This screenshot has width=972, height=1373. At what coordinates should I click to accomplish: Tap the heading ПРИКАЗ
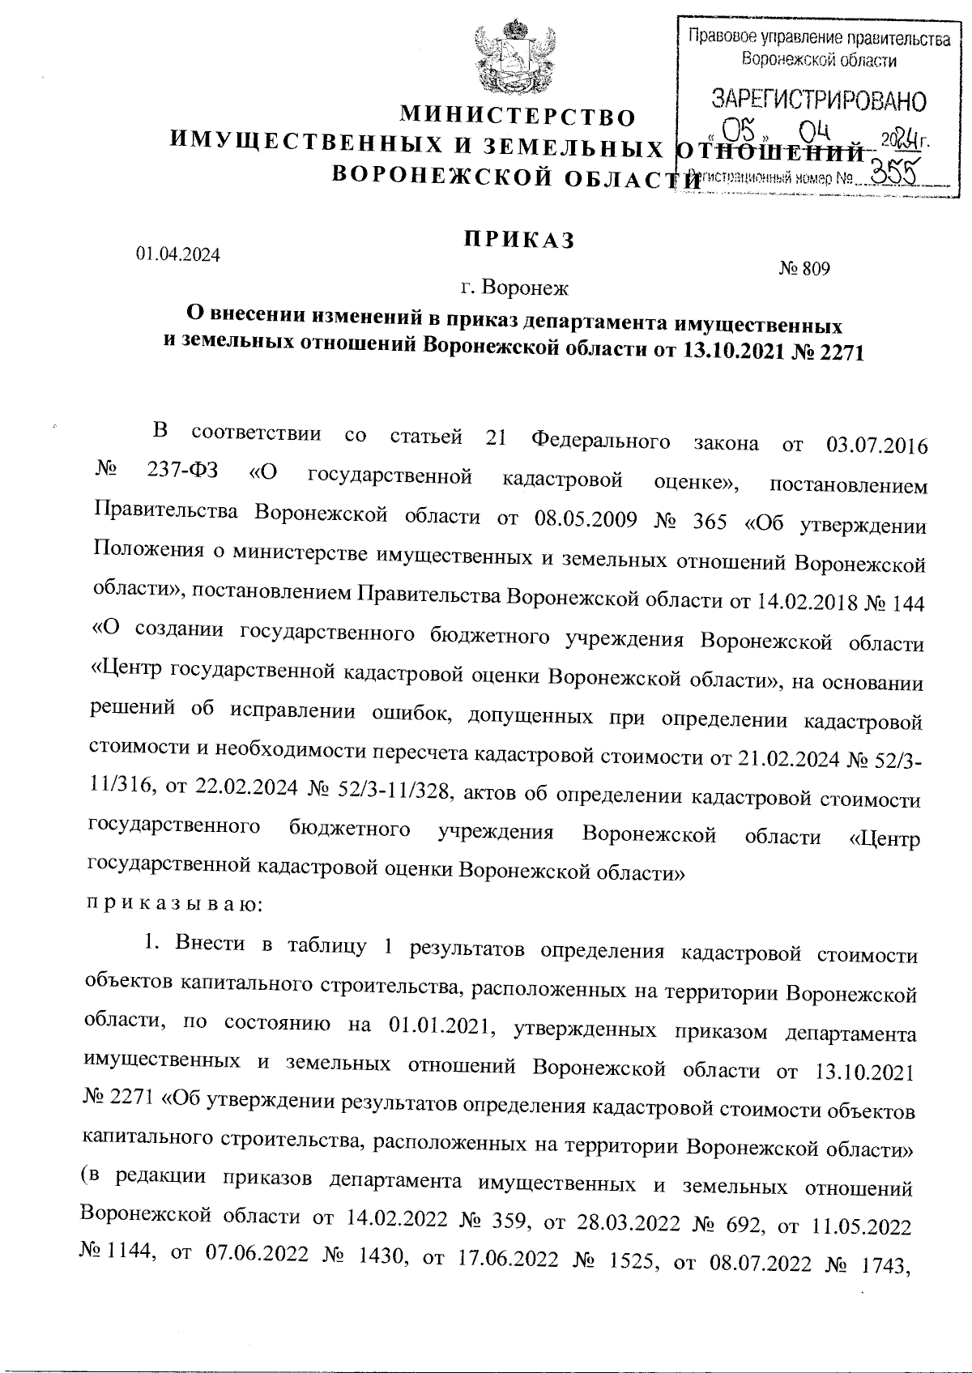[x=518, y=240]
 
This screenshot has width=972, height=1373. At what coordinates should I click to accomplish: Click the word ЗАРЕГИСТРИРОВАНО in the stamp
[x=818, y=101]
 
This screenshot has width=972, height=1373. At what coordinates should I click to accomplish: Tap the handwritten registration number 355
[x=889, y=171]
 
